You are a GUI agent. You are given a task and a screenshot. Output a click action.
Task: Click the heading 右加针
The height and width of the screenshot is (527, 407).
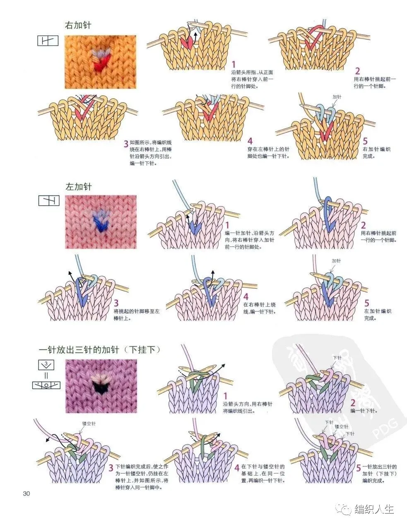click(78, 25)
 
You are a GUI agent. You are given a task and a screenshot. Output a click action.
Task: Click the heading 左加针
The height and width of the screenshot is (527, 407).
click(78, 187)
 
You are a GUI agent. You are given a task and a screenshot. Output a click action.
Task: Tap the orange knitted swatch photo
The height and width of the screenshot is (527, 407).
click(100, 62)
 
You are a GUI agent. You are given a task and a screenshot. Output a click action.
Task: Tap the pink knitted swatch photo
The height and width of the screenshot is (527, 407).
click(101, 222)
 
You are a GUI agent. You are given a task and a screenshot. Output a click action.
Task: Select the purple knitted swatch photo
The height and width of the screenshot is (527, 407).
click(101, 386)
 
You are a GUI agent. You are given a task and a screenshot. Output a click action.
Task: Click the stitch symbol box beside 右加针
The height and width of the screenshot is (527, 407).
click(48, 41)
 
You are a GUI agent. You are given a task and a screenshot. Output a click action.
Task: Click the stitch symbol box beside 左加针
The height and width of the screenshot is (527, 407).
click(49, 201)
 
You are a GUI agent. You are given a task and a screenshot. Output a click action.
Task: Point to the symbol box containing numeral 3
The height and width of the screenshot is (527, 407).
click(47, 365)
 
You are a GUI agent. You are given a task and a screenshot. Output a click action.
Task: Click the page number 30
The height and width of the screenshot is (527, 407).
click(27, 494)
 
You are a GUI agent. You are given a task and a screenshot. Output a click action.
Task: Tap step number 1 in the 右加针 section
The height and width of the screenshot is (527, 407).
click(234, 64)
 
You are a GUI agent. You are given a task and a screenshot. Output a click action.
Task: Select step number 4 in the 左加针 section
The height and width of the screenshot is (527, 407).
click(246, 297)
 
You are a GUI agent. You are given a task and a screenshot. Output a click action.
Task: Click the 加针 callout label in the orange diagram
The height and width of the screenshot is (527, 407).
click(337, 97)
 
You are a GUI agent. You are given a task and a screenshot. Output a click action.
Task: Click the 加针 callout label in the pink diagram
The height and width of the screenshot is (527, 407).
click(336, 261)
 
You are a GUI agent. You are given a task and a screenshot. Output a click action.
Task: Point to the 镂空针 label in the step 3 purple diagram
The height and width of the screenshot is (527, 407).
click(89, 424)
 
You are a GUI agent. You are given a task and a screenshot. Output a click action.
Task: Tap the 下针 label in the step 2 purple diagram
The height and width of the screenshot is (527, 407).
click(337, 358)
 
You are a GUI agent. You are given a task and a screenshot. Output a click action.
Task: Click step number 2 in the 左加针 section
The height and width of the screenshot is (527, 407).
click(363, 226)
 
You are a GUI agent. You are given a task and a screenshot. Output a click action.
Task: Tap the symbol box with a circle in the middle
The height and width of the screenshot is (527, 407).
click(46, 385)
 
